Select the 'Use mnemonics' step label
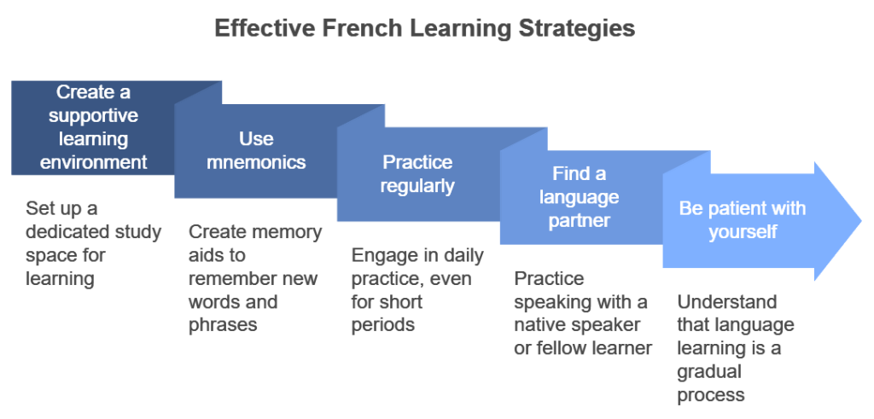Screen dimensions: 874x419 (256, 150)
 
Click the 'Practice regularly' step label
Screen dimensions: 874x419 (417, 174)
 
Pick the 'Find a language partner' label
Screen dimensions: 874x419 (580, 197)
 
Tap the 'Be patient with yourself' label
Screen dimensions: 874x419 (743, 220)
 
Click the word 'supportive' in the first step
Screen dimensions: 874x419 (93, 115)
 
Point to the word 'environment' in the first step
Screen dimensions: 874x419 (94, 162)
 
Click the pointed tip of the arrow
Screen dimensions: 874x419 (861, 221)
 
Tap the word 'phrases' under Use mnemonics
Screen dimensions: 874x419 (223, 325)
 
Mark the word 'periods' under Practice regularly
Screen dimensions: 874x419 (383, 325)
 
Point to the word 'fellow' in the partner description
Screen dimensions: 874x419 (562, 348)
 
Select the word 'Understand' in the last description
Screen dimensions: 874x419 (727, 301)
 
